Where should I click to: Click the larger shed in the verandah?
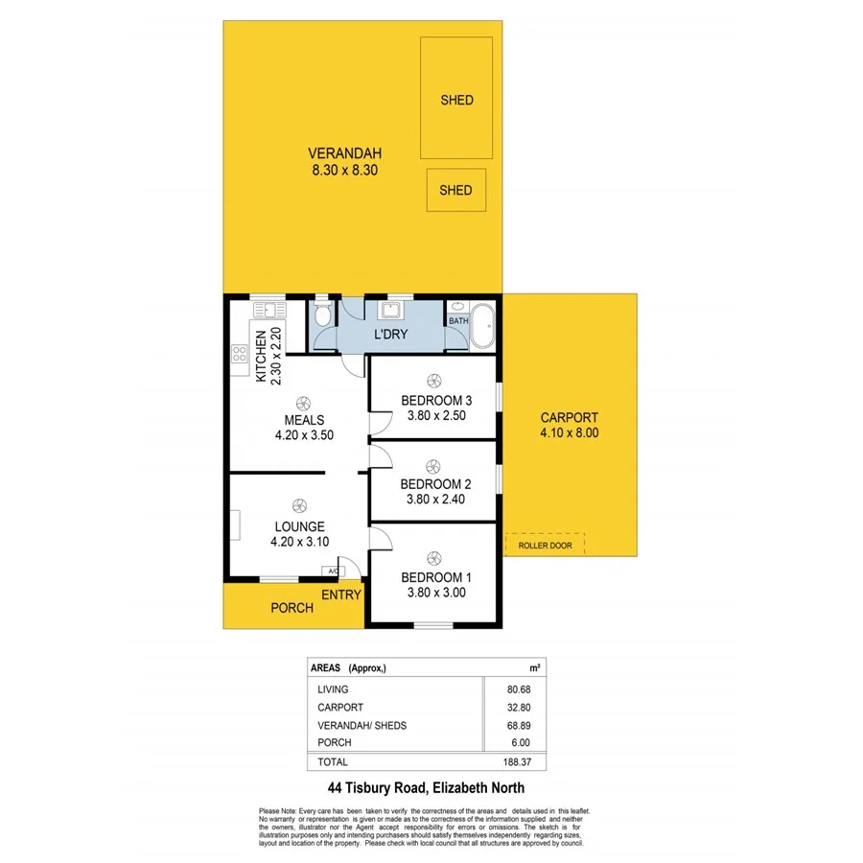(x=456, y=100)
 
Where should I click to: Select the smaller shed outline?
(x=455, y=190)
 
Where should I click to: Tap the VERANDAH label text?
(x=344, y=153)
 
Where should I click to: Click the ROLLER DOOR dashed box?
(x=545, y=545)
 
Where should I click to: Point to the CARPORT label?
(x=569, y=417)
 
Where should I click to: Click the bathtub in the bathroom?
(x=481, y=326)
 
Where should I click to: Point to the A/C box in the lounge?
(x=333, y=571)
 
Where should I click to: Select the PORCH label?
(x=292, y=608)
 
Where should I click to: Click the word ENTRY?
(x=340, y=595)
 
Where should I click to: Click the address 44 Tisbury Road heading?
(x=427, y=790)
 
